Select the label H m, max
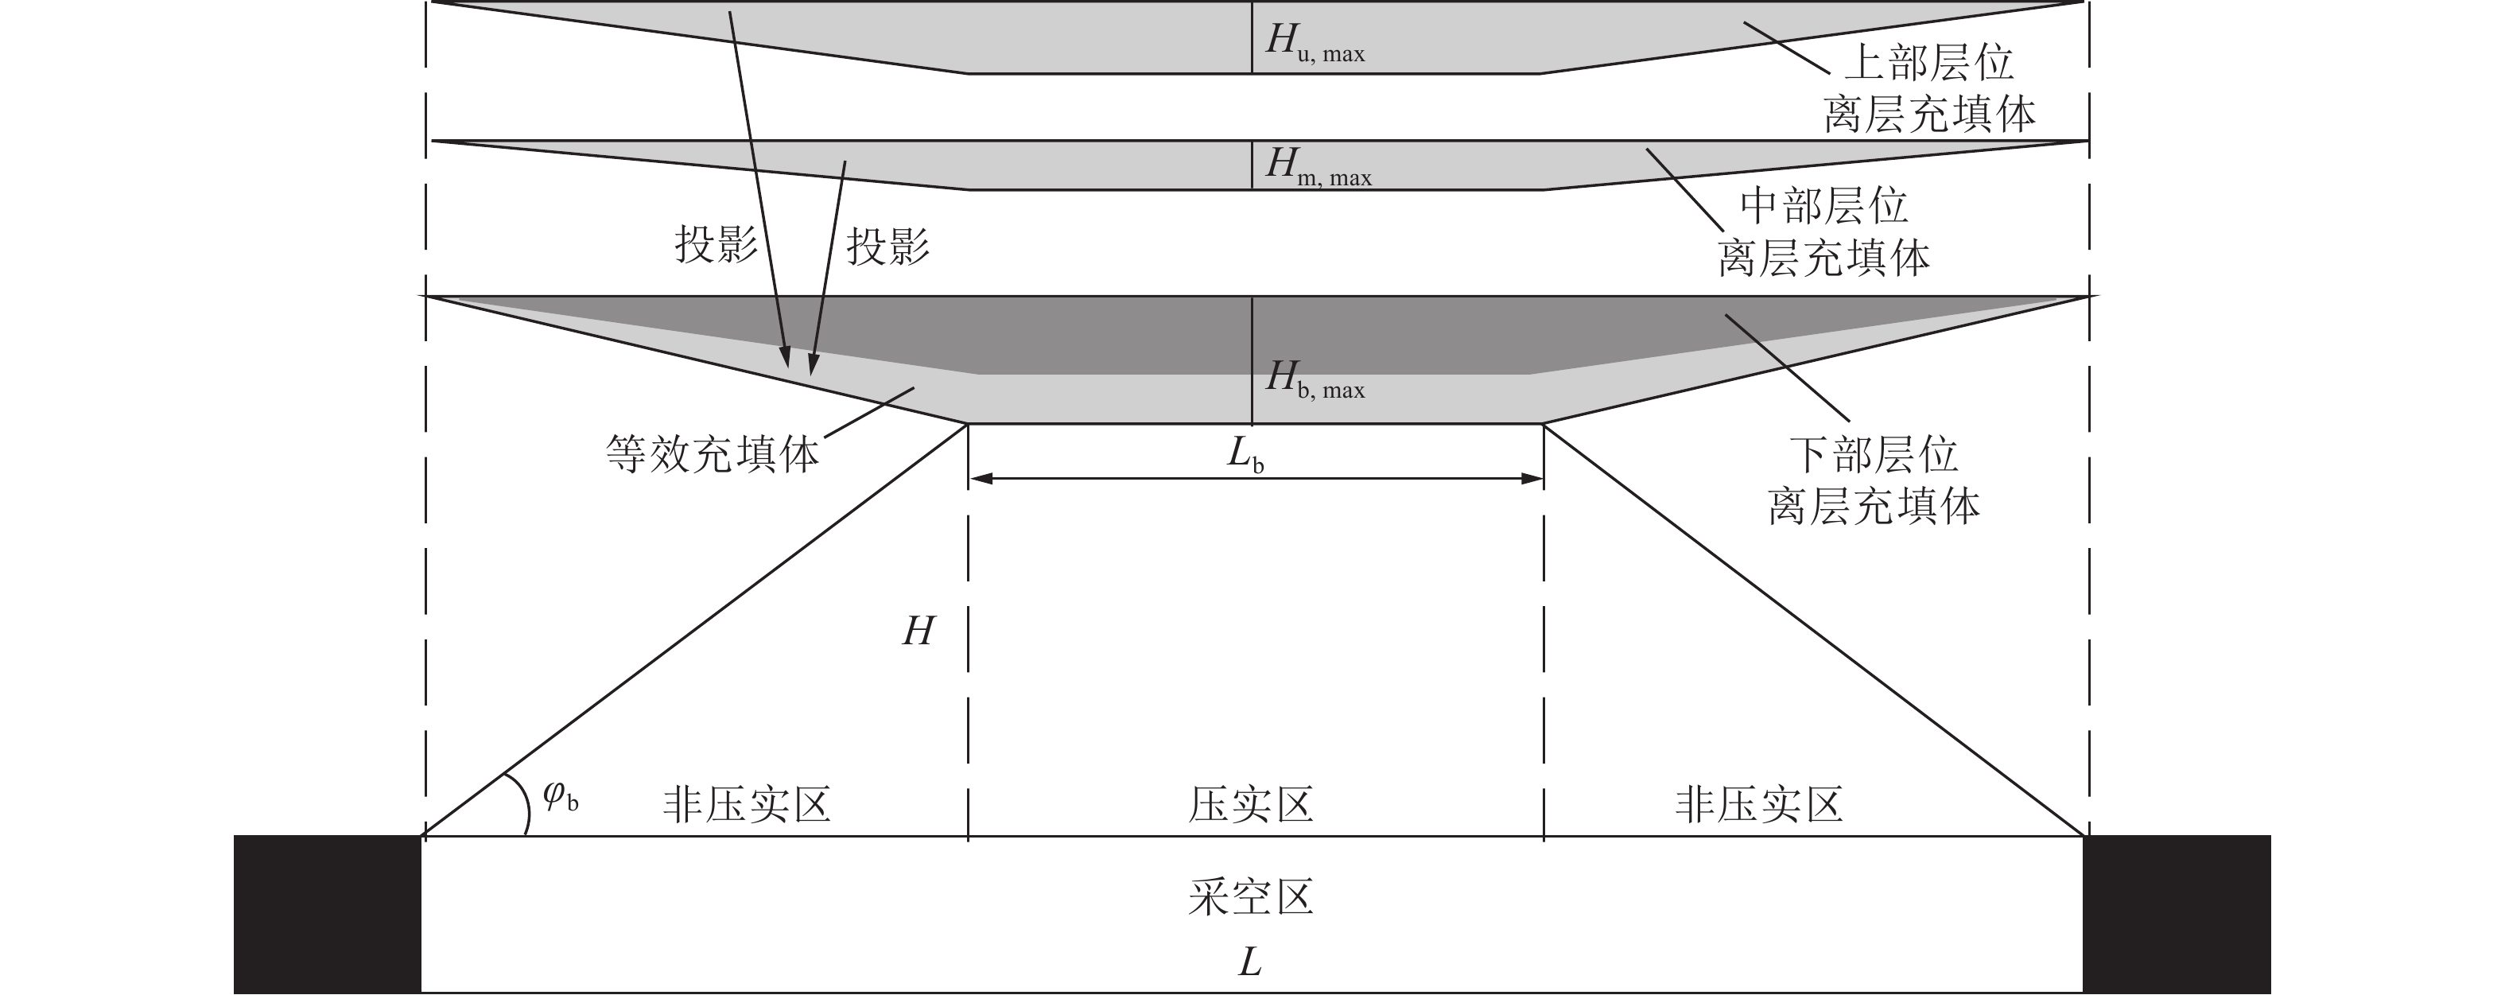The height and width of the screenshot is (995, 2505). tap(1318, 166)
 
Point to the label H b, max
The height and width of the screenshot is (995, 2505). tap(1315, 379)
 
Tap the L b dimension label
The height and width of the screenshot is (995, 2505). tap(1245, 454)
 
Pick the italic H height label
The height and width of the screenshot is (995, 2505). tap(918, 632)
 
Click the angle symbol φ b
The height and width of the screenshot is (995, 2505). tap(560, 797)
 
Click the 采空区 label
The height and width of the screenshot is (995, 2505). tap(1252, 896)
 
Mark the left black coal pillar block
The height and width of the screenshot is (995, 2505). tap(328, 915)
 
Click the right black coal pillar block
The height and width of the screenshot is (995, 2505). tap(2177, 915)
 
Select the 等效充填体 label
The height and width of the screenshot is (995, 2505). tap(713, 454)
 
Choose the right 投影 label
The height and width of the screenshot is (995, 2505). tap(887, 246)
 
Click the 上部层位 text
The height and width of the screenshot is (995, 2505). tap(1929, 63)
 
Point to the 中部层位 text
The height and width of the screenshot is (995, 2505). tap(1824, 205)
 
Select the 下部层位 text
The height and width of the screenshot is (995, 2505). tap(1874, 454)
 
